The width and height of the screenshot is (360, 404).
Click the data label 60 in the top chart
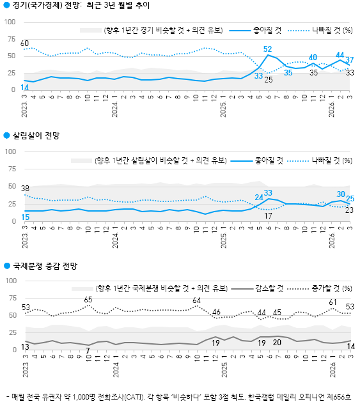tap(25, 43)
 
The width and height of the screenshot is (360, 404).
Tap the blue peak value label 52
tap(268, 49)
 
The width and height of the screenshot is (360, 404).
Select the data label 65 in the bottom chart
tap(88, 300)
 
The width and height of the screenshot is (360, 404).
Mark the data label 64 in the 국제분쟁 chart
tap(196, 300)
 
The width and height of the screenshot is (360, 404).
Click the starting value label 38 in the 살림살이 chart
tap(25, 188)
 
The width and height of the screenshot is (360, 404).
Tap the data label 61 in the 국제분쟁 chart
tap(333, 302)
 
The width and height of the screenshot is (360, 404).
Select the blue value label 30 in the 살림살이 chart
tap(341, 194)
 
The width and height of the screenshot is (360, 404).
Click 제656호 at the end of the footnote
tap(343, 396)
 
